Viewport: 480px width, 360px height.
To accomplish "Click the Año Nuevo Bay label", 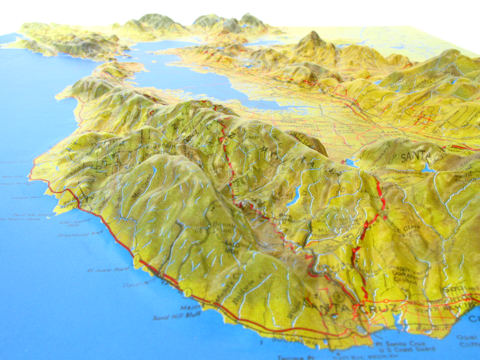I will [70, 223].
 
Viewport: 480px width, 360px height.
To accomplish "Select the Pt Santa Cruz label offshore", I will [400, 344].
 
